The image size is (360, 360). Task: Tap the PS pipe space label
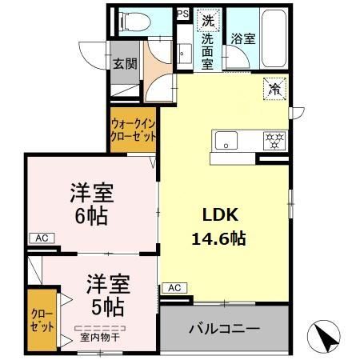click(182, 14)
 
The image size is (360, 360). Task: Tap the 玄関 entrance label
click(124, 65)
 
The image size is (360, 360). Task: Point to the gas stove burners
click(274, 142)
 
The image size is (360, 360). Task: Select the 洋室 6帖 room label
click(90, 205)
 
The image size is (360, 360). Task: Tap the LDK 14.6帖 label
click(217, 226)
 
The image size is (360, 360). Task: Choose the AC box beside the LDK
click(175, 287)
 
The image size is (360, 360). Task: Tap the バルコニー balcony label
click(224, 329)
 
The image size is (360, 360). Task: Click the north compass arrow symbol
click(325, 334)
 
